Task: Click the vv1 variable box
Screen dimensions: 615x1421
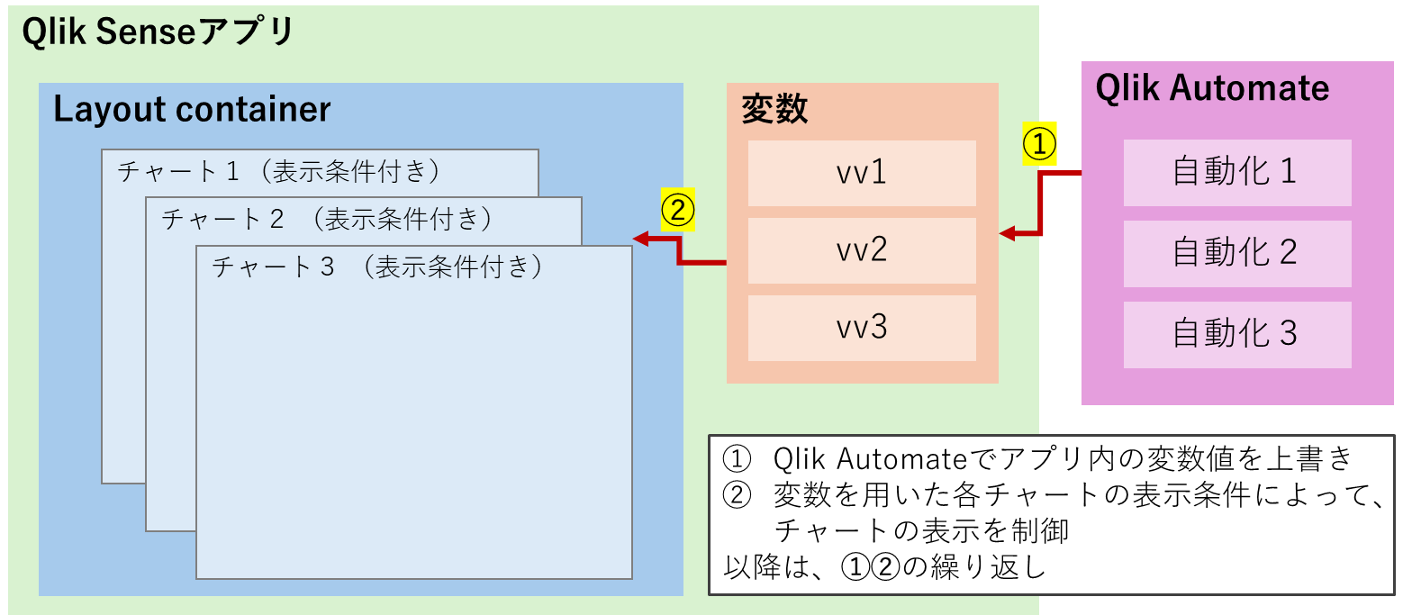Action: pyautogui.click(x=862, y=172)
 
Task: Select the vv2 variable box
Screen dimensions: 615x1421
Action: pyautogui.click(x=862, y=249)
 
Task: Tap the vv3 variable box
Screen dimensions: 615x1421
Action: pyautogui.click(x=862, y=327)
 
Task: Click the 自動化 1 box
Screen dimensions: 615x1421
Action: pyautogui.click(x=1236, y=172)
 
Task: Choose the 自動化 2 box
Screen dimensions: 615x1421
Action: pyautogui.click(x=1236, y=253)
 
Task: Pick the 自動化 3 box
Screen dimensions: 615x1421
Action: pyautogui.click(x=1236, y=334)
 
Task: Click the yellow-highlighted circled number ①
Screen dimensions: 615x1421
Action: pyautogui.click(x=1039, y=144)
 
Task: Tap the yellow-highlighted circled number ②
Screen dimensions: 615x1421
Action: pyautogui.click(x=677, y=210)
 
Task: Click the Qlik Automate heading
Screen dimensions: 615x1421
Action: pyautogui.click(x=1212, y=88)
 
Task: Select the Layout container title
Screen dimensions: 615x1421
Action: pyautogui.click(x=192, y=110)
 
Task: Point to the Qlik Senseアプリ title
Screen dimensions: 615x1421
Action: pyautogui.click(x=158, y=32)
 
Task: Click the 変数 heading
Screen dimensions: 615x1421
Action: pyautogui.click(x=774, y=109)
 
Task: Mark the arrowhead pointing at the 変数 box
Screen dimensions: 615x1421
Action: pyautogui.click(x=1008, y=234)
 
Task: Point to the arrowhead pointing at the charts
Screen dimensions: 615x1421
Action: pyautogui.click(x=641, y=239)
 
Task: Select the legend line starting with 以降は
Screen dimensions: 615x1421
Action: pyautogui.click(x=884, y=567)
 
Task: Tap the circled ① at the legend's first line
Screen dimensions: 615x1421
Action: pyautogui.click(x=737, y=459)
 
